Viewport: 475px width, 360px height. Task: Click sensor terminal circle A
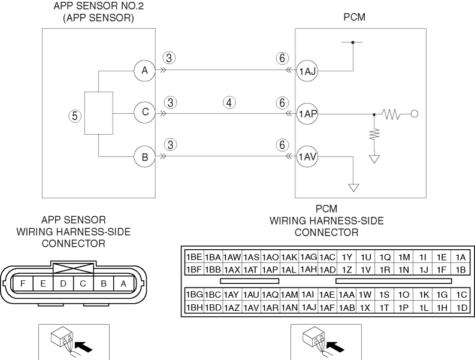point(144,70)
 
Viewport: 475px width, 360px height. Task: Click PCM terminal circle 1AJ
point(307,70)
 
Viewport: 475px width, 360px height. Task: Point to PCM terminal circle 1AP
point(307,113)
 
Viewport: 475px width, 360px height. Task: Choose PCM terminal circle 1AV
point(307,157)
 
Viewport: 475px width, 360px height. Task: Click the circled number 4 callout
point(228,102)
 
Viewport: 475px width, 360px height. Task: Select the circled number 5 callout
point(75,116)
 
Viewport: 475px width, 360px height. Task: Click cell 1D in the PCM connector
point(461,307)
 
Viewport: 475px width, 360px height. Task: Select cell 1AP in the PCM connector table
point(271,270)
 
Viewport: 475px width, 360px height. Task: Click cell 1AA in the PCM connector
point(347,295)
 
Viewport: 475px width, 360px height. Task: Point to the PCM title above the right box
point(354,19)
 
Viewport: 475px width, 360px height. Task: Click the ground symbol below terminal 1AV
point(353,187)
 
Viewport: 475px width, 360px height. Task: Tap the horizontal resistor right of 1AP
point(394,113)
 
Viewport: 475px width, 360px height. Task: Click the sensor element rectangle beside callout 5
point(99,113)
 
